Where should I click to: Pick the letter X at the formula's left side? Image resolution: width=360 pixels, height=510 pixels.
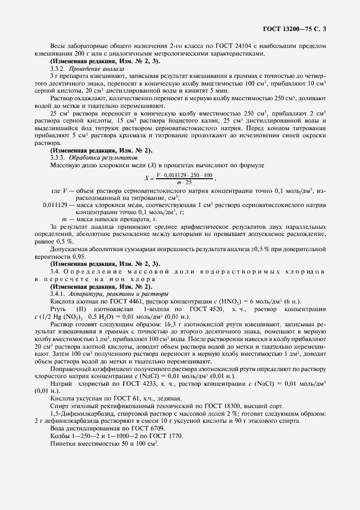pyautogui.click(x=146, y=178)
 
